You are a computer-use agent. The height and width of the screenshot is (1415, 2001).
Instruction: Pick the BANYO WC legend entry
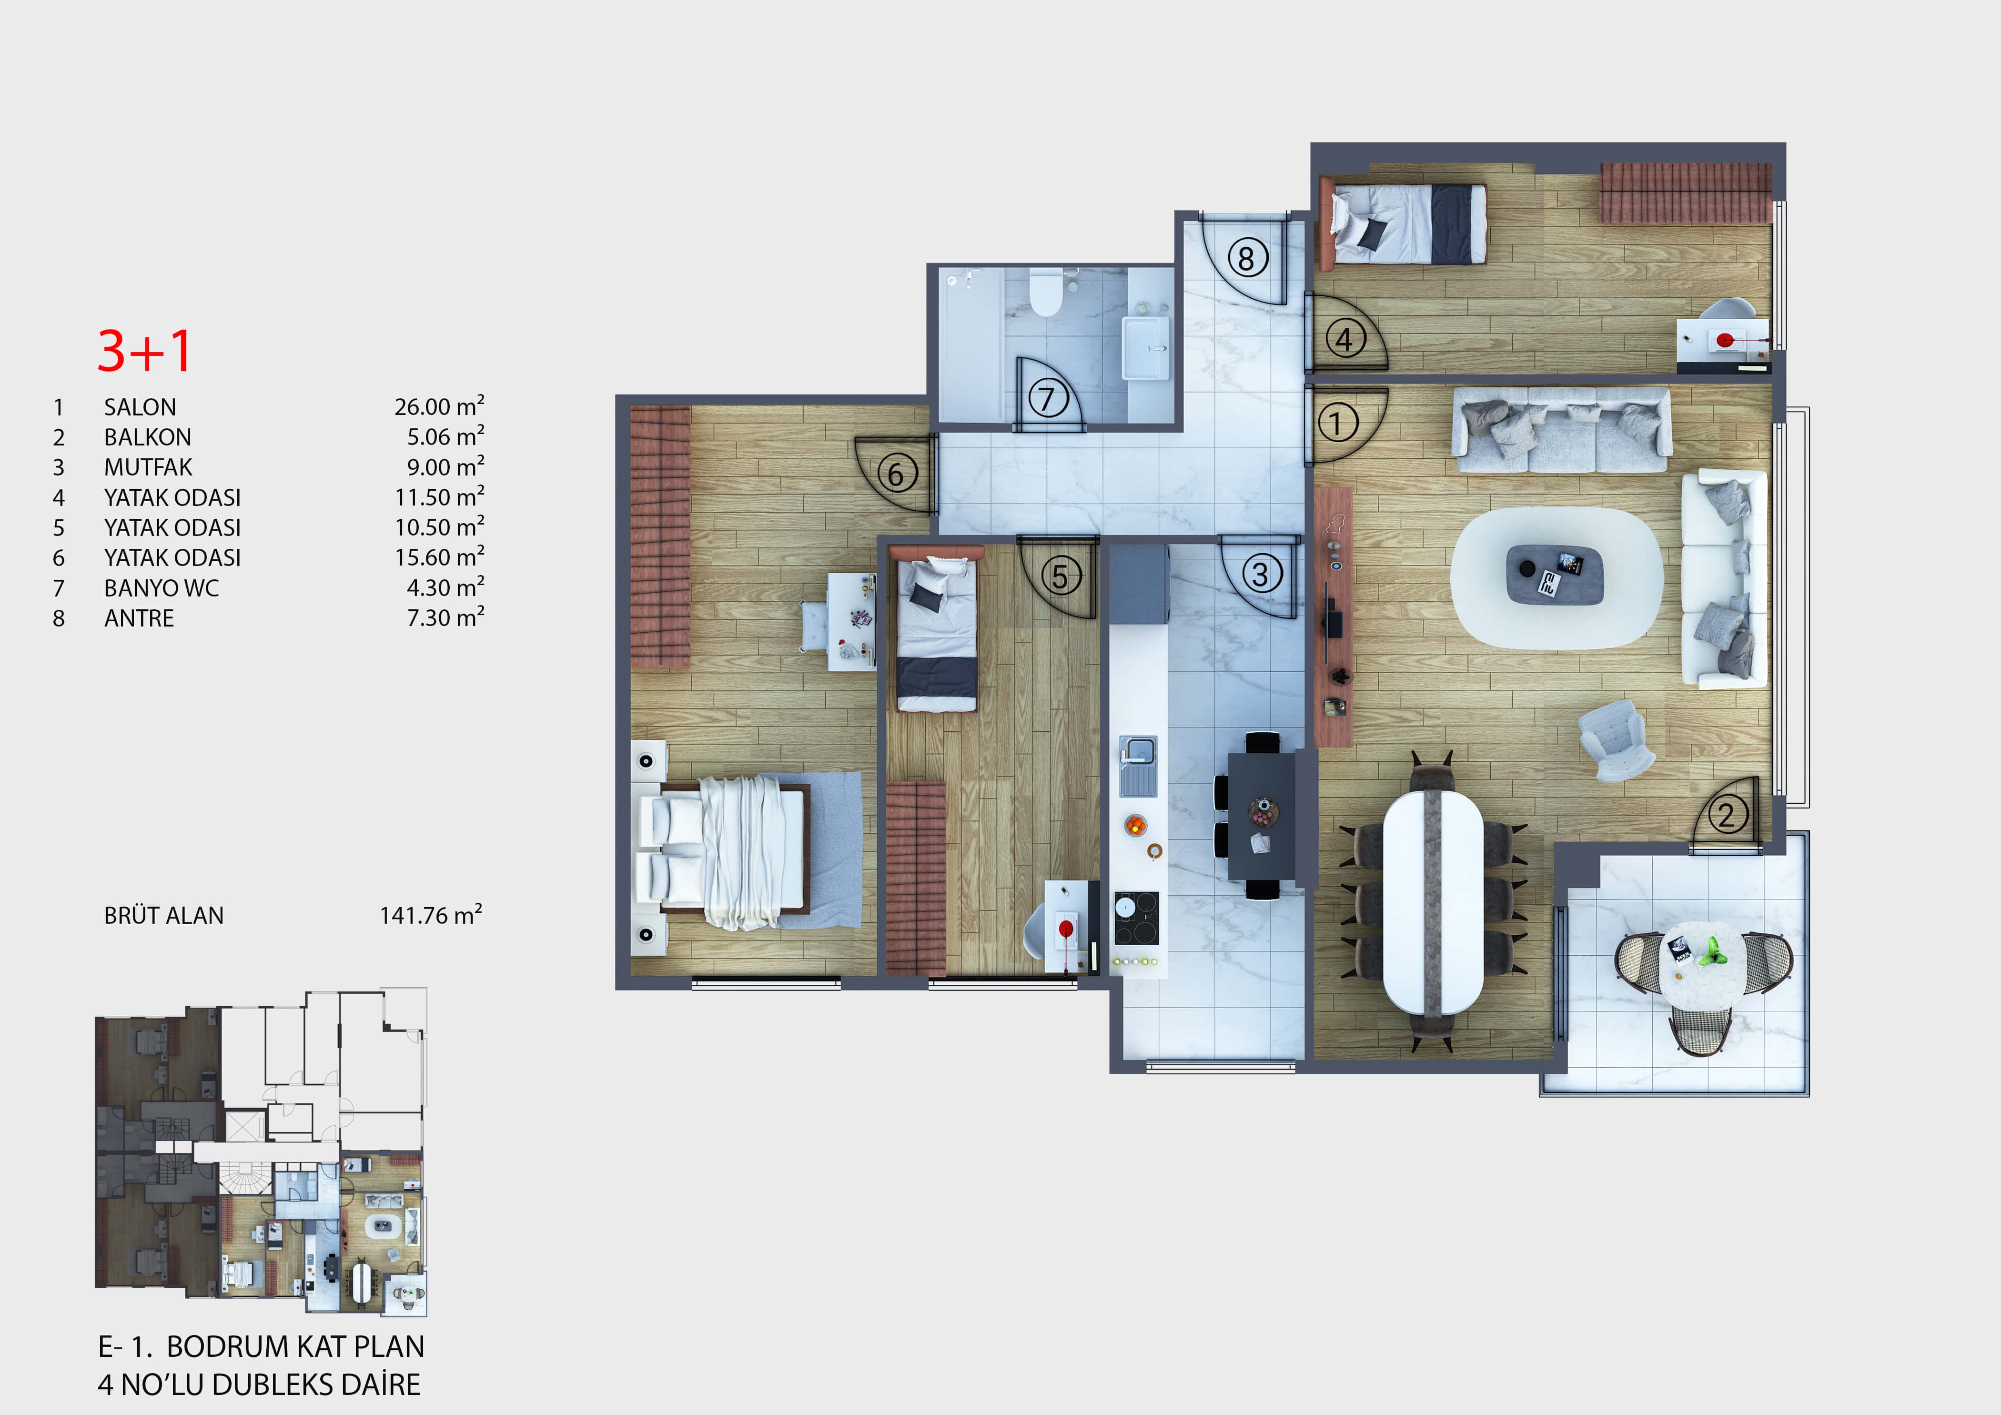(x=161, y=588)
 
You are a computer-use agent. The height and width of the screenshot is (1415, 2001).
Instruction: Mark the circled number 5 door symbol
(x=1060, y=576)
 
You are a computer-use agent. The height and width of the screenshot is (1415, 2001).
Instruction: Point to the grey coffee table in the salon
(x=1555, y=575)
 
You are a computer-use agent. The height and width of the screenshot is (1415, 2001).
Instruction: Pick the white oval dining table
(x=1433, y=901)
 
